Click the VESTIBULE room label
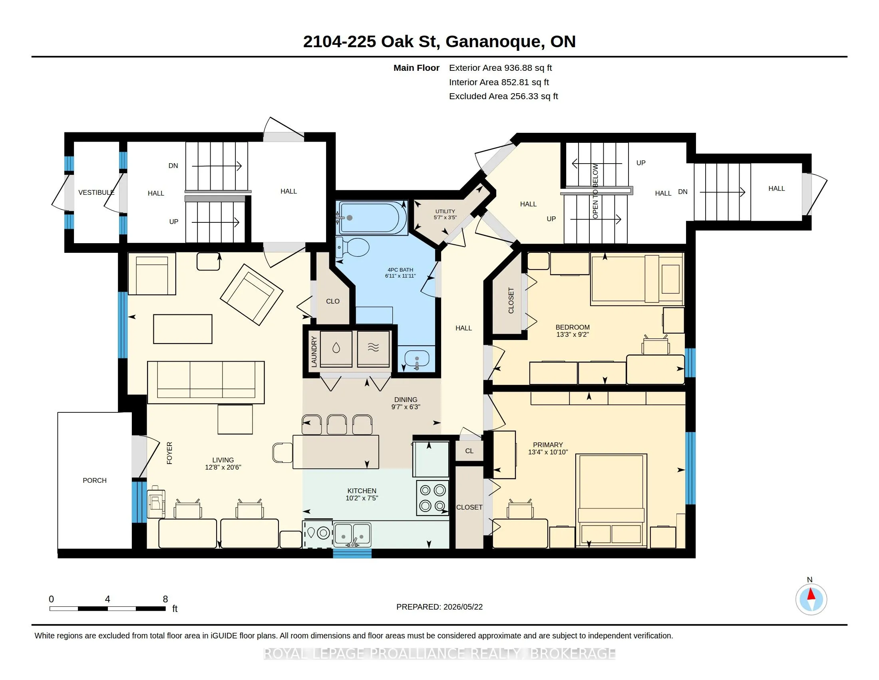[x=96, y=192]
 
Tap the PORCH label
[x=95, y=480]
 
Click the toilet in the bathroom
[x=352, y=247]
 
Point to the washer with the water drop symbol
[x=336, y=349]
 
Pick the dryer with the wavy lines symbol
[x=374, y=349]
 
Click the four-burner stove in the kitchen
[x=433, y=498]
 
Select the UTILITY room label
[x=445, y=212]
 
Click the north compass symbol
[x=811, y=600]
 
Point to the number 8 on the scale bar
[x=165, y=599]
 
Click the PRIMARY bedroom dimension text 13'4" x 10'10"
[x=548, y=452]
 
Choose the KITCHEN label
[x=362, y=491]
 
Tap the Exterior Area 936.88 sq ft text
[x=500, y=68]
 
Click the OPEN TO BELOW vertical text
[x=595, y=191]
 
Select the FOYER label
[x=169, y=453]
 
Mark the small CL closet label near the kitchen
[x=469, y=451]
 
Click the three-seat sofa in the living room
[x=206, y=382]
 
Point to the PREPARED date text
[x=439, y=607]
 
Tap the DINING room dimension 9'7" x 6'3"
[x=406, y=407]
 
